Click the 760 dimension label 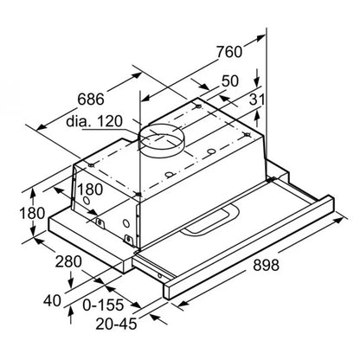229,52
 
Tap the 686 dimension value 91,100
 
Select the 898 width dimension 266,265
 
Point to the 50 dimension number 230,81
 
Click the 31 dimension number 257,100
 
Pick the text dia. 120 94,121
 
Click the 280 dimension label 68,262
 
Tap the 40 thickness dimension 52,301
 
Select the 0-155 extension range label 103,305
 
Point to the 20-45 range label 116,324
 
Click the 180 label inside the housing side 90,190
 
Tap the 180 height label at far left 32,214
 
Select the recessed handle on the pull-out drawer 210,222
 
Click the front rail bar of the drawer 248,247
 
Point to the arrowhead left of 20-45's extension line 155,317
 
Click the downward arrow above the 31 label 257,81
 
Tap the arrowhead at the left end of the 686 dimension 42,127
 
